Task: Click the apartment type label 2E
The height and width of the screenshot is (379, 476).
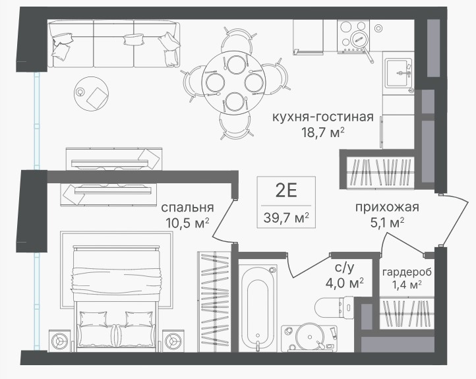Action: tap(286, 190)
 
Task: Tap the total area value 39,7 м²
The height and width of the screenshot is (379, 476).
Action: tap(286, 218)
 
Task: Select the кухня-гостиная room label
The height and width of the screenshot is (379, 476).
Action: tap(322, 117)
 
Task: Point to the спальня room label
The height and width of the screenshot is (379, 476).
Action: tap(187, 208)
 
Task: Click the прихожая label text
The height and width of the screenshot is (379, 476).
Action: tap(387, 207)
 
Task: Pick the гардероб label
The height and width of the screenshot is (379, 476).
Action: tap(407, 272)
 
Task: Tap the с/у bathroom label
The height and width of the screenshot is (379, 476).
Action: tap(345, 268)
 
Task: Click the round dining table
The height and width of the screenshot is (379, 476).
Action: tap(234, 82)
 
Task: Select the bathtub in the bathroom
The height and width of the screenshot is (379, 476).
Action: tap(258, 307)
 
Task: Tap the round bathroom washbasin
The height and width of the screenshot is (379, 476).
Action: tap(310, 337)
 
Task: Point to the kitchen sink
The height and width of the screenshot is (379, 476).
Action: tap(398, 73)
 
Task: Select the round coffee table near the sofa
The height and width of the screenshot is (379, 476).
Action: tap(91, 94)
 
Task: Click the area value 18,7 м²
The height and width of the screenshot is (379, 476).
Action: tap(322, 132)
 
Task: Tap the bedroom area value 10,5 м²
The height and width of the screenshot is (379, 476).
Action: tap(187, 223)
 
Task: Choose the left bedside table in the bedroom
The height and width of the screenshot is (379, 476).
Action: tap(60, 341)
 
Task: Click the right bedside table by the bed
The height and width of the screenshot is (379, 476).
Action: tap(173, 341)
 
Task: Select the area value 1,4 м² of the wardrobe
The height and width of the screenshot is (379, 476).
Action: tap(407, 285)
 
